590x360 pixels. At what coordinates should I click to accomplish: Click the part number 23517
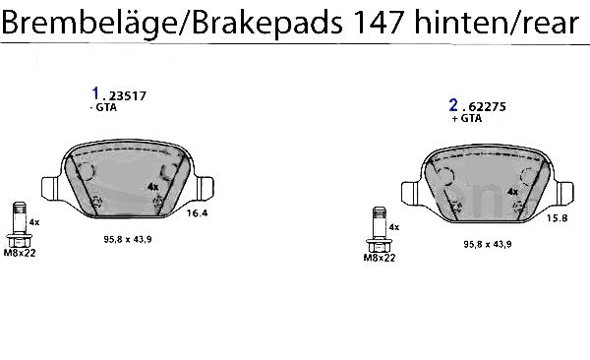[x=127, y=96]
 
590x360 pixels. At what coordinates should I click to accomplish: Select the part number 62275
[x=487, y=107]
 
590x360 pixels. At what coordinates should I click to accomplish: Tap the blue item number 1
[x=95, y=93]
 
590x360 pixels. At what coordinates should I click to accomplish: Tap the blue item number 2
[x=453, y=105]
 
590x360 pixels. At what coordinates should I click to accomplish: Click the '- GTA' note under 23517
[x=103, y=107]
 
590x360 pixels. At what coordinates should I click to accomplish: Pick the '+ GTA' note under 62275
[x=466, y=118]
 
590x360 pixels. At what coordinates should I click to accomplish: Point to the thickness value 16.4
[x=198, y=213]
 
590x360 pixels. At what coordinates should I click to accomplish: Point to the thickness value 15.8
[x=557, y=218]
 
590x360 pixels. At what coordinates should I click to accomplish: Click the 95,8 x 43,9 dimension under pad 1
[x=128, y=239]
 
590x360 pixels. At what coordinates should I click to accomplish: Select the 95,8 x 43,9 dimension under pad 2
[x=488, y=244]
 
